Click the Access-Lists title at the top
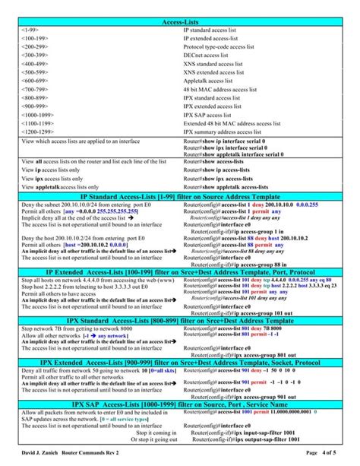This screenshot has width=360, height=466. click(179, 22)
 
